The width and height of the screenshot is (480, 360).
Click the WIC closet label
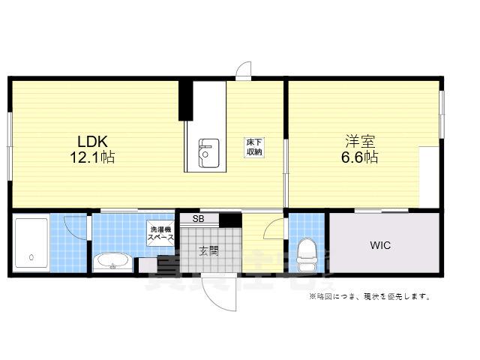coord(380,245)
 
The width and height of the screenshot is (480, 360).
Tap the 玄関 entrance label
coord(208,251)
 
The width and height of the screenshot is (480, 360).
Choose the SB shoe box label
coord(198,219)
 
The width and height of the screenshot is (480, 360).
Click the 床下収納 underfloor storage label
coord(254,147)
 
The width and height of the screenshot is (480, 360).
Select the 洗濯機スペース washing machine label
coord(160,233)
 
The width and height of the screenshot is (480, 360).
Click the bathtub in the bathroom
coord(31,244)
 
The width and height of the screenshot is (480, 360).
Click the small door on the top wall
coord(244,72)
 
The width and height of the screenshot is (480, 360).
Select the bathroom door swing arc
coord(76,225)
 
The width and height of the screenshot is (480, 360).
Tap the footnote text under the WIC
coord(370,297)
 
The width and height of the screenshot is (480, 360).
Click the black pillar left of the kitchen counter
coord(182,100)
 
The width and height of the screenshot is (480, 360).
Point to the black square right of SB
coord(230,220)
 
